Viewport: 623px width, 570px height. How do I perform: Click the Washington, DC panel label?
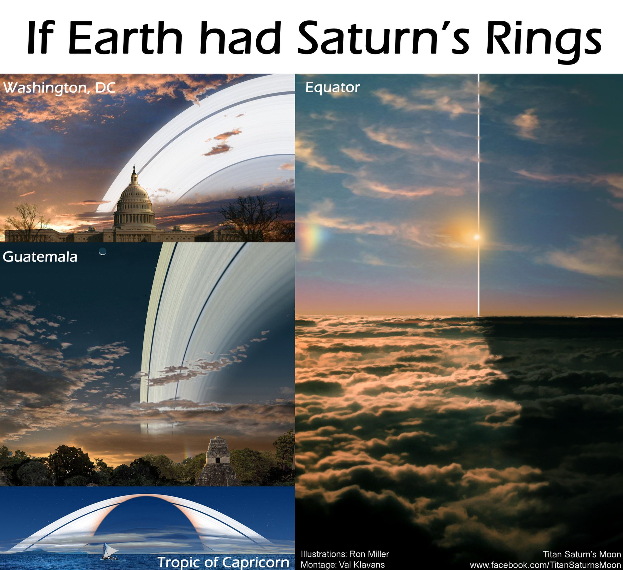click(59, 88)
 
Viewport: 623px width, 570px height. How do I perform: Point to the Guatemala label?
click(40, 257)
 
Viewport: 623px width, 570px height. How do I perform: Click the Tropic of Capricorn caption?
click(223, 562)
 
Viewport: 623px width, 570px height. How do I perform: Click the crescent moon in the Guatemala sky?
click(103, 251)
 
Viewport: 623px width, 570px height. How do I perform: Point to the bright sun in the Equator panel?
click(476, 237)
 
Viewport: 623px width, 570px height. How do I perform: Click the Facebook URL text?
click(545, 564)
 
